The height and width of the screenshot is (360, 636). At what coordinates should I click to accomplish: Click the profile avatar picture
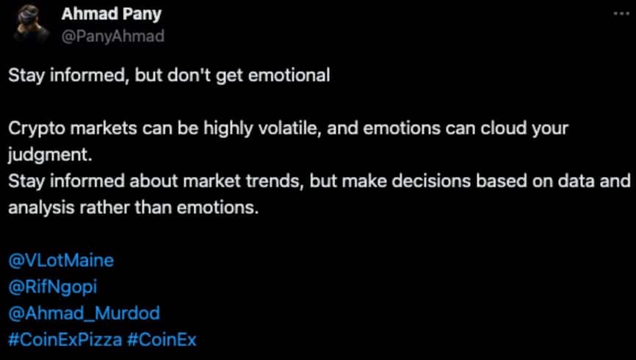pyautogui.click(x=31, y=24)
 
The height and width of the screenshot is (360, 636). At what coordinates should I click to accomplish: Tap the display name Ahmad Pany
pyautogui.click(x=112, y=15)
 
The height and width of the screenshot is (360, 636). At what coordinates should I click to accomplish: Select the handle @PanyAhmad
pyautogui.click(x=113, y=37)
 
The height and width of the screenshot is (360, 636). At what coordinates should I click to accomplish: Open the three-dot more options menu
pyautogui.click(x=621, y=13)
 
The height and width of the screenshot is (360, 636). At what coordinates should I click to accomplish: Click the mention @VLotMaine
pyautogui.click(x=61, y=261)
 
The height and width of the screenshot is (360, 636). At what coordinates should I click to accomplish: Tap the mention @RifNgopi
pyautogui.click(x=53, y=287)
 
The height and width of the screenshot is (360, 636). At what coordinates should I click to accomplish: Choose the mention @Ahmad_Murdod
pyautogui.click(x=84, y=314)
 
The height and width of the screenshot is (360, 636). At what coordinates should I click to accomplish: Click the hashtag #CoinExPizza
pyautogui.click(x=65, y=339)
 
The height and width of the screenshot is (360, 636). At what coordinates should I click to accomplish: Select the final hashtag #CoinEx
pyautogui.click(x=162, y=339)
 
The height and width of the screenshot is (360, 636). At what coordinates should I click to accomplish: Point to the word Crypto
pyautogui.click(x=37, y=129)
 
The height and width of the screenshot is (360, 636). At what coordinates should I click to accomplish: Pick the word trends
pyautogui.click(x=276, y=181)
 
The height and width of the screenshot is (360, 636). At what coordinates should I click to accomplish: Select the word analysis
pyautogui.click(x=41, y=208)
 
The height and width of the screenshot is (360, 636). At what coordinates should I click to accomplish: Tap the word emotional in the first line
pyautogui.click(x=289, y=76)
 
